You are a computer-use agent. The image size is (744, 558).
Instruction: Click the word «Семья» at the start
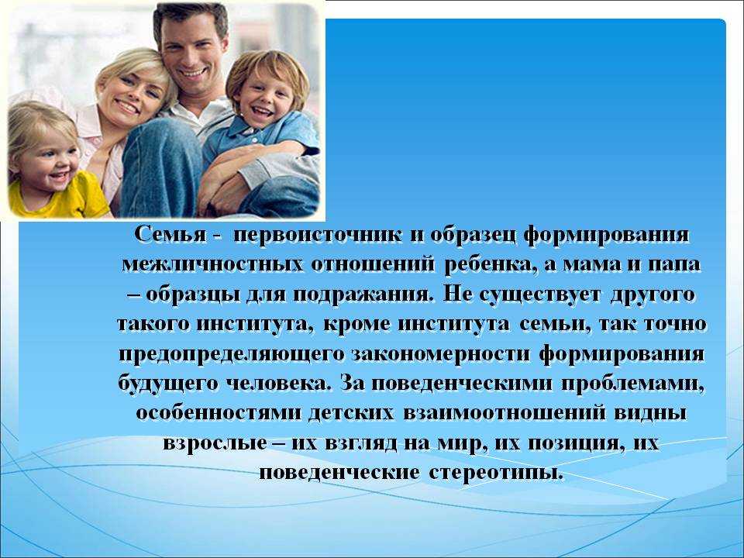170,235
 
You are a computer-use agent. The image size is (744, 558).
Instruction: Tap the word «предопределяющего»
231,355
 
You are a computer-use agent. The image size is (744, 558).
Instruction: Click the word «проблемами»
633,384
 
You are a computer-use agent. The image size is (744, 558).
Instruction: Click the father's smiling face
191,51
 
